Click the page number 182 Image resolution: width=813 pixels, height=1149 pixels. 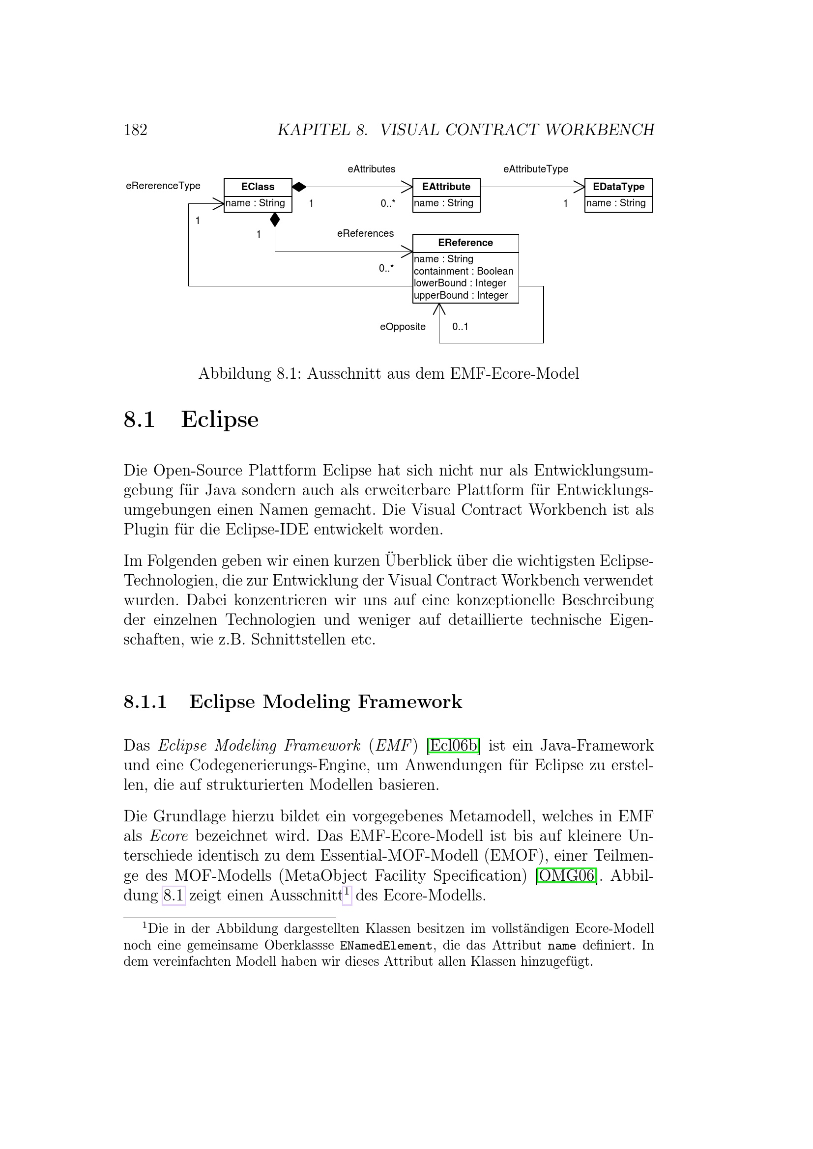135,130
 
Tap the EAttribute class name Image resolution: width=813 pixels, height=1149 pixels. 446,187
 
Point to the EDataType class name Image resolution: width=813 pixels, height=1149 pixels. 618,187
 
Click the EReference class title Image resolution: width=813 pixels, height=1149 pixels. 465,243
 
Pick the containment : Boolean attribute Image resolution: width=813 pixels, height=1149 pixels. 464,271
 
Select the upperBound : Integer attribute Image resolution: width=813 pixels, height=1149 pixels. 461,295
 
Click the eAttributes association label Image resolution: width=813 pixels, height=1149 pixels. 372,169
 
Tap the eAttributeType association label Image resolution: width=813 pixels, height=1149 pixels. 536,169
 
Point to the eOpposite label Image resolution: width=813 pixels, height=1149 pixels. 403,327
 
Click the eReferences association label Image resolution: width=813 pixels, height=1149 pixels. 365,233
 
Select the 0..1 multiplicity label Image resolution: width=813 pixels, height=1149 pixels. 460,327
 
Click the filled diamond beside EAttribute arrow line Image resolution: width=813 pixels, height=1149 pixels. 299,187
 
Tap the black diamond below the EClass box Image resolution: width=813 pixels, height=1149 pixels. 275,219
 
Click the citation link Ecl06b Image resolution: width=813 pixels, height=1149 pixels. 454,745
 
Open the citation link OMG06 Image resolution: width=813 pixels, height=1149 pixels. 566,875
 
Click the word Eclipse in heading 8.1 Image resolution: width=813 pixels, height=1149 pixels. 220,420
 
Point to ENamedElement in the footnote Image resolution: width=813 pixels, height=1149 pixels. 385,946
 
